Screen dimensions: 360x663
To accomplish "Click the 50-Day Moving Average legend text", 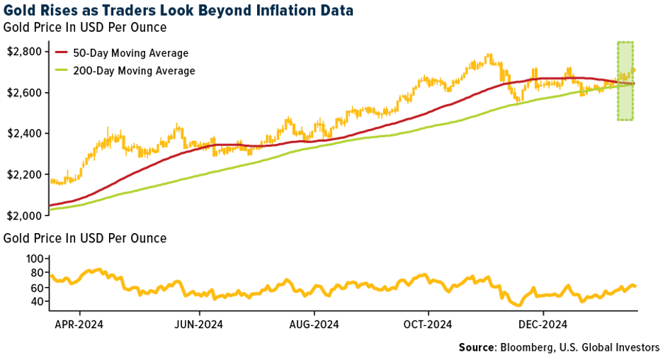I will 131,53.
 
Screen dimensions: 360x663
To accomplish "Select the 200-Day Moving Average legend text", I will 134,71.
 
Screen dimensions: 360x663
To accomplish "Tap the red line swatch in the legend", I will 62,53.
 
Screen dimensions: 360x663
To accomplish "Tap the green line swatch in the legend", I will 62,71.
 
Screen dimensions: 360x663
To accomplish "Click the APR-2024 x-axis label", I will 79,325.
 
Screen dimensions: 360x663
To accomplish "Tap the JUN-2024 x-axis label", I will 199,325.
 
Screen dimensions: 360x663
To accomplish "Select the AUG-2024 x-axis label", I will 314,325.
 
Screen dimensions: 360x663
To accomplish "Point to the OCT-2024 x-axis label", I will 429,325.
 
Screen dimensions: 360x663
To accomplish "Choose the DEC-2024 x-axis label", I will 543,325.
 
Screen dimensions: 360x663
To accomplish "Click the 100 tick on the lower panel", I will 35,260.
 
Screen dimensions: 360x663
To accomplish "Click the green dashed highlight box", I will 625,80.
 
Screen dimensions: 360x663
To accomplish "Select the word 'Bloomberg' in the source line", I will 528,347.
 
